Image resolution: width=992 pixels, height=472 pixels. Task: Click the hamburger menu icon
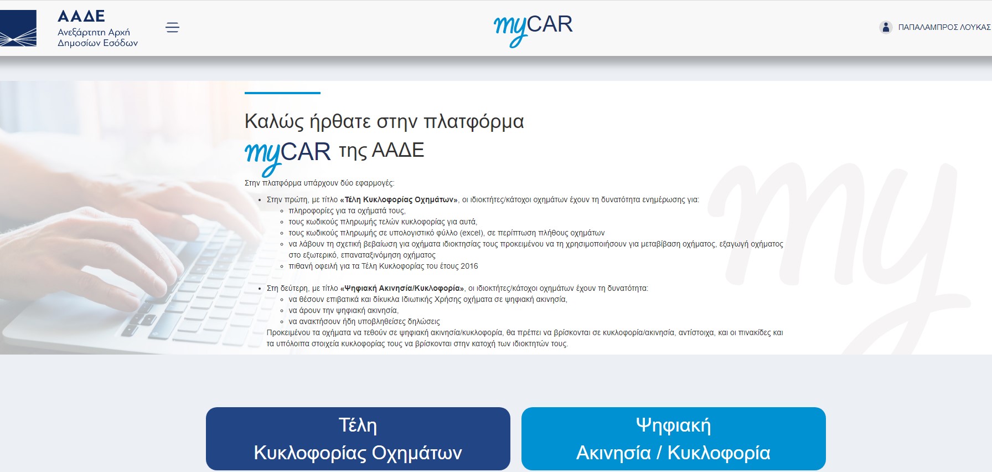pyautogui.click(x=172, y=27)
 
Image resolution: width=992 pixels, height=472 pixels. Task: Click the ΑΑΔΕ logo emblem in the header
pyautogui.click(x=18, y=28)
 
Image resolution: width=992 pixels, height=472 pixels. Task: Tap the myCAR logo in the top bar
pyautogui.click(x=533, y=28)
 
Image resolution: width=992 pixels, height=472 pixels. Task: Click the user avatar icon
pyautogui.click(x=886, y=27)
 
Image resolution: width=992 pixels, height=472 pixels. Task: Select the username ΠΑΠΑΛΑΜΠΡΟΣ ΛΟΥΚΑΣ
pyautogui.click(x=943, y=27)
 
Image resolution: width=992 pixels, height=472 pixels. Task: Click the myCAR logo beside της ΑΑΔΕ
pyautogui.click(x=287, y=153)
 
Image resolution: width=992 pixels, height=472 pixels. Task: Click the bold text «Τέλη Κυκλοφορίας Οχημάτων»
pyautogui.click(x=399, y=199)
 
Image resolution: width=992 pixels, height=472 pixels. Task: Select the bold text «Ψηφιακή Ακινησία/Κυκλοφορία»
pyautogui.click(x=402, y=288)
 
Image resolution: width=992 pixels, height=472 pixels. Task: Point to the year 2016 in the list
pyautogui.click(x=469, y=266)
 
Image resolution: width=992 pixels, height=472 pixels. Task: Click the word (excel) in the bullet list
pyautogui.click(x=472, y=233)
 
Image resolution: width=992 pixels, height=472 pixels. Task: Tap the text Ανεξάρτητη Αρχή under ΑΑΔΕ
pyautogui.click(x=94, y=32)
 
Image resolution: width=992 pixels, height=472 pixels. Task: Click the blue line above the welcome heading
pyautogui.click(x=282, y=93)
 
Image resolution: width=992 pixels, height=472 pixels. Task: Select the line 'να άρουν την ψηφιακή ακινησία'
pyautogui.click(x=343, y=310)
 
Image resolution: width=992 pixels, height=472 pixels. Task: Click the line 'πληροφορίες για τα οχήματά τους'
pyautogui.click(x=347, y=211)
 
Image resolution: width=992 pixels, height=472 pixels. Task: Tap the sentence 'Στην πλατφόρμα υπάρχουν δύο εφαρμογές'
pyautogui.click(x=319, y=183)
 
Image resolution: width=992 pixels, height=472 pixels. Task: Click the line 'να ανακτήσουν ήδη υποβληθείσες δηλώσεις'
pyautogui.click(x=364, y=321)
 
